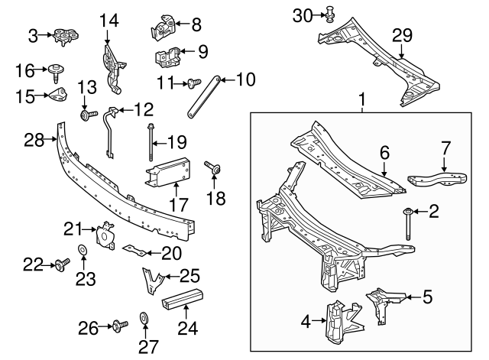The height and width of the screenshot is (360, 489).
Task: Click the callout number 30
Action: [303, 15]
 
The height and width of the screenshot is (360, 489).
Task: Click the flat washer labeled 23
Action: [82, 250]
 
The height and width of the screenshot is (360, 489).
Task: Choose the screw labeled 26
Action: [118, 328]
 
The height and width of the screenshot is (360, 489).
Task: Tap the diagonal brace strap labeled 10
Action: [204, 96]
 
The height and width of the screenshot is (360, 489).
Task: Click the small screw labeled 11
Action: [193, 81]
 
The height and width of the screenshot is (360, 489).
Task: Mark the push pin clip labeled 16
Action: [57, 73]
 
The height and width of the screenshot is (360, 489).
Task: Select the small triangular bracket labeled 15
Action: [57, 96]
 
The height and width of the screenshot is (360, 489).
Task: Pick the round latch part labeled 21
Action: [103, 235]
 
